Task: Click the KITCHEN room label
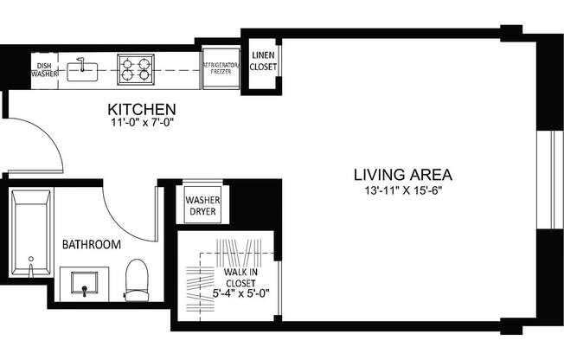click(x=141, y=110)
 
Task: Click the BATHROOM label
click(x=91, y=245)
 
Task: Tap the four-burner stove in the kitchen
click(x=136, y=67)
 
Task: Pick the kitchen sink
click(x=85, y=67)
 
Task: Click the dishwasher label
click(x=44, y=69)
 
